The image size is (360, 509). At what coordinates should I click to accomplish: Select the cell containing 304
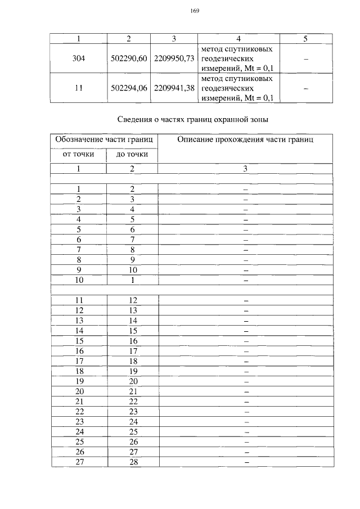coord(79,58)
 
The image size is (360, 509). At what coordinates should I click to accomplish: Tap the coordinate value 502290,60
coord(129,58)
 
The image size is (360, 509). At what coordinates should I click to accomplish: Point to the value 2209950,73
coord(174,58)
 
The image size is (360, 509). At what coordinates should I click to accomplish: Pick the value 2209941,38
coord(174,88)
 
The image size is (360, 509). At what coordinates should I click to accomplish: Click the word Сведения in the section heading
coord(137,119)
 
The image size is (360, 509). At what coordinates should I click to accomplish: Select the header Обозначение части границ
coord(104,139)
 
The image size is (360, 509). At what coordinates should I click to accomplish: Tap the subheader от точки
coord(78,154)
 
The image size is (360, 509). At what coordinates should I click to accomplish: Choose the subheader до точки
coord(132,154)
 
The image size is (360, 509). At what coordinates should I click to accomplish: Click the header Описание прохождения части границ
coord(245,139)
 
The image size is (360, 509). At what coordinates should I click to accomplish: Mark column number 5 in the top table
coord(305,38)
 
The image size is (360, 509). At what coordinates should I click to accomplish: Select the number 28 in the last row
coord(133,462)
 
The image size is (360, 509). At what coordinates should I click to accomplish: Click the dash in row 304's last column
coord(305,58)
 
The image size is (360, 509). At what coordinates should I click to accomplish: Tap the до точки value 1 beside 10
coord(133,280)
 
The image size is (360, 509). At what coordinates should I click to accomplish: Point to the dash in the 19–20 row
coord(246,381)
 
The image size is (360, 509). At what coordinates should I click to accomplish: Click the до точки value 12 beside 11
coord(133,300)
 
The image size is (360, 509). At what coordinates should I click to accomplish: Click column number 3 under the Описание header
coord(245,168)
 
